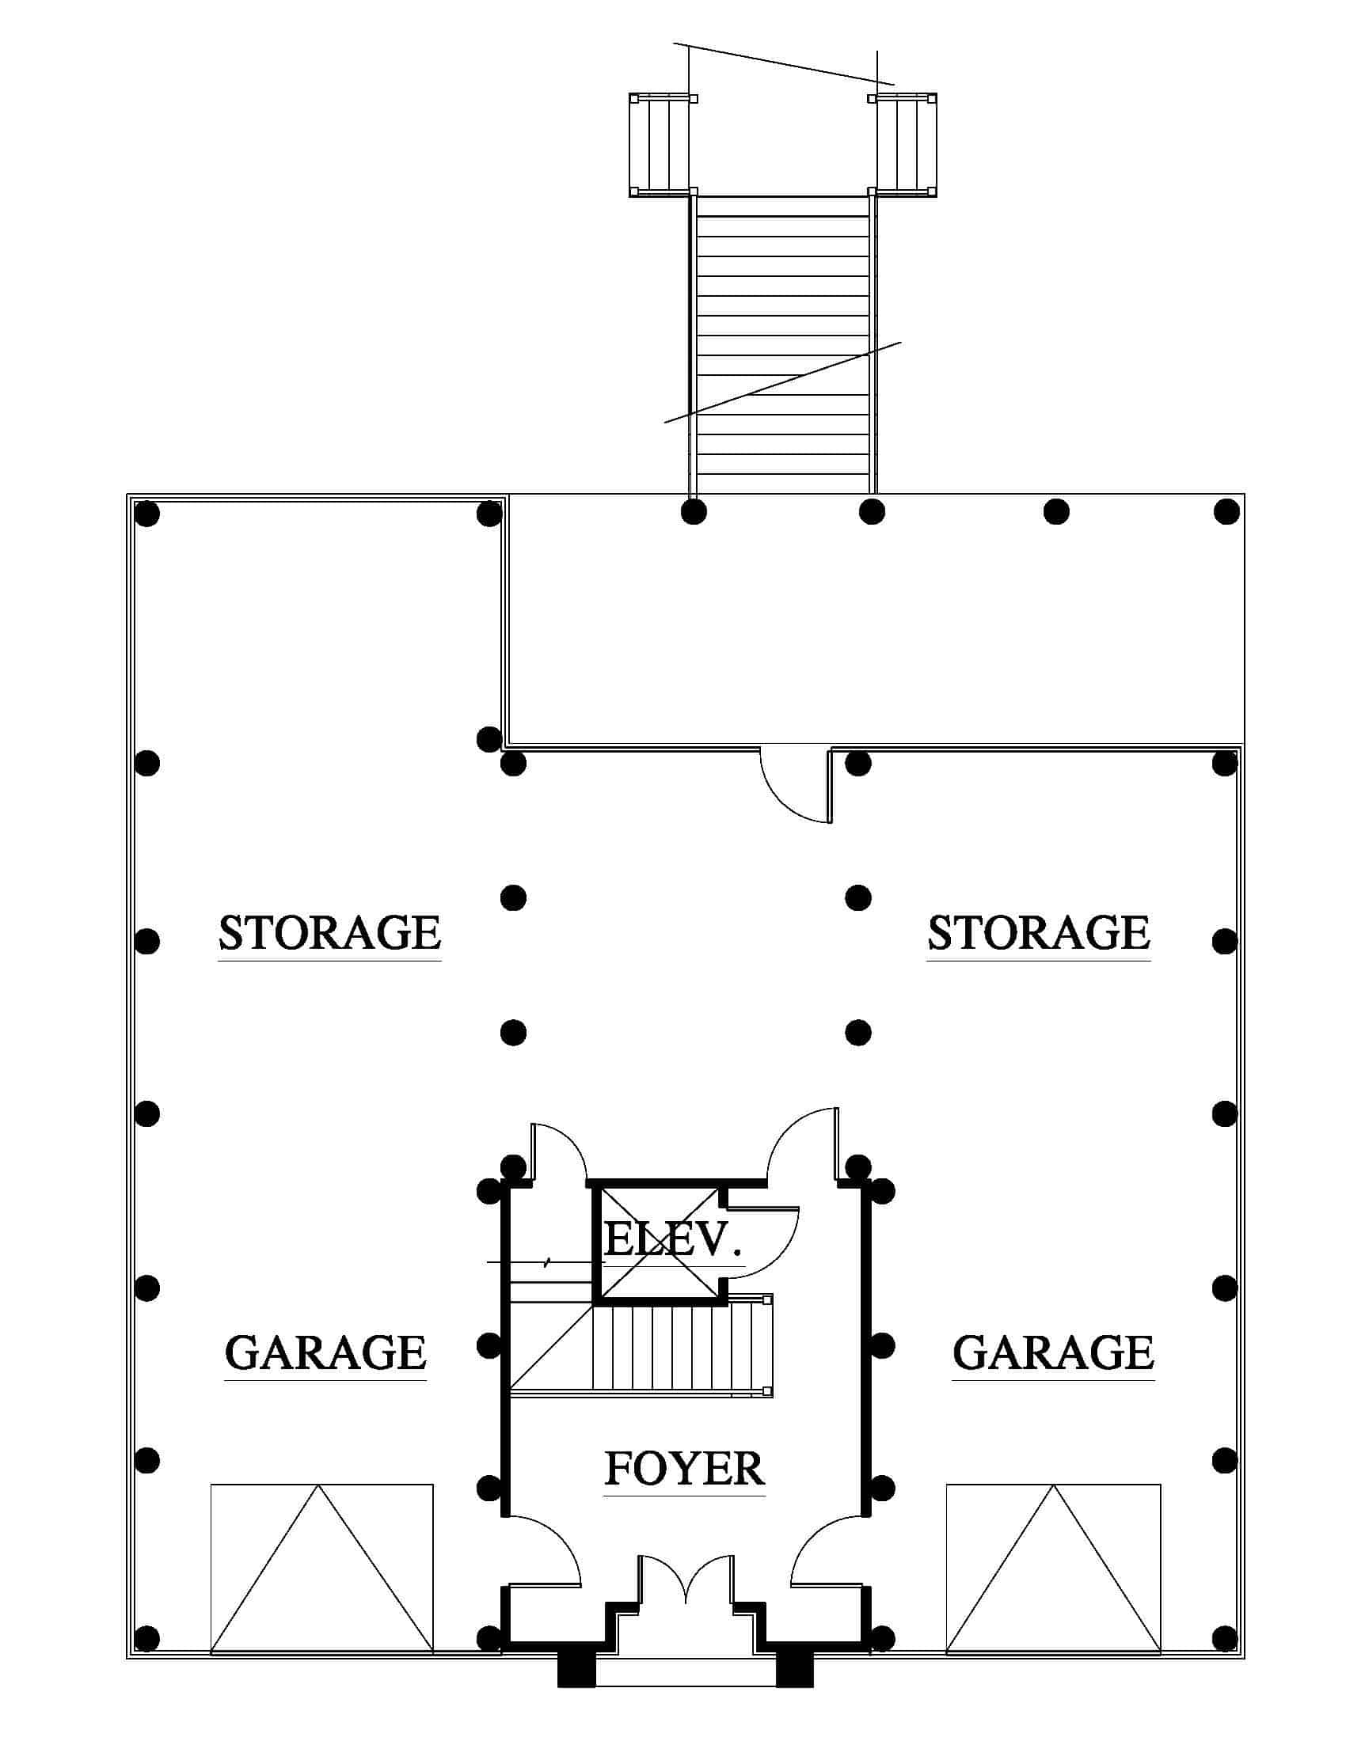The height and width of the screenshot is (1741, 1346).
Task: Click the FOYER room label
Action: [x=685, y=1468]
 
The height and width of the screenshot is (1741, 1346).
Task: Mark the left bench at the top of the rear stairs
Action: [x=661, y=144]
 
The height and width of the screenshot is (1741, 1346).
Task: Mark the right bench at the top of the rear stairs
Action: [x=903, y=144]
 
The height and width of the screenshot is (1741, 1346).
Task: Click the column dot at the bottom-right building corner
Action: [x=1225, y=1637]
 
